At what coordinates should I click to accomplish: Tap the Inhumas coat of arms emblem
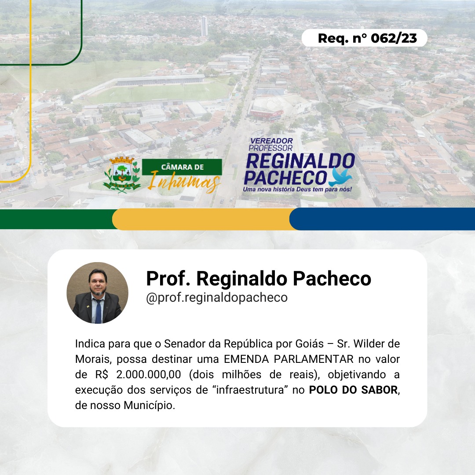click(122, 175)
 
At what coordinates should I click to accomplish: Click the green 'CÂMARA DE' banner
click(182, 167)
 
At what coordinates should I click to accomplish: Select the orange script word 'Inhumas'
click(184, 182)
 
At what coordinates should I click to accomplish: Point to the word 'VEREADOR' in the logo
click(271, 141)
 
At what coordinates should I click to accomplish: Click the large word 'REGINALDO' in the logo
click(300, 161)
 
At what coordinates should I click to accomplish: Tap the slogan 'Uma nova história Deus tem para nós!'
click(297, 189)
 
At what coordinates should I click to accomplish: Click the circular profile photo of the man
click(98, 292)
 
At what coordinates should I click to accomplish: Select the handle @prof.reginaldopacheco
click(216, 297)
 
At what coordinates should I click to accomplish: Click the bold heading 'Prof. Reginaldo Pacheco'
click(259, 278)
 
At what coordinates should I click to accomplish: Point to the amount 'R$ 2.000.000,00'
click(138, 374)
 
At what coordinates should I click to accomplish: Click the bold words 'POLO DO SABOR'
click(353, 390)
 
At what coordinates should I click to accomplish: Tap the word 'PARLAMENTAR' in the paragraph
click(314, 359)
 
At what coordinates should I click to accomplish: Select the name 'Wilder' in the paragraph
click(369, 343)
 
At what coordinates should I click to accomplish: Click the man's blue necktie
click(98, 311)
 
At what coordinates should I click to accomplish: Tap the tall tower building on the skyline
click(204, 26)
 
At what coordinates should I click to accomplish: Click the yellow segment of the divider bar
click(202, 219)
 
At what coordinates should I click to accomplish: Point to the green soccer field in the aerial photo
click(157, 92)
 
